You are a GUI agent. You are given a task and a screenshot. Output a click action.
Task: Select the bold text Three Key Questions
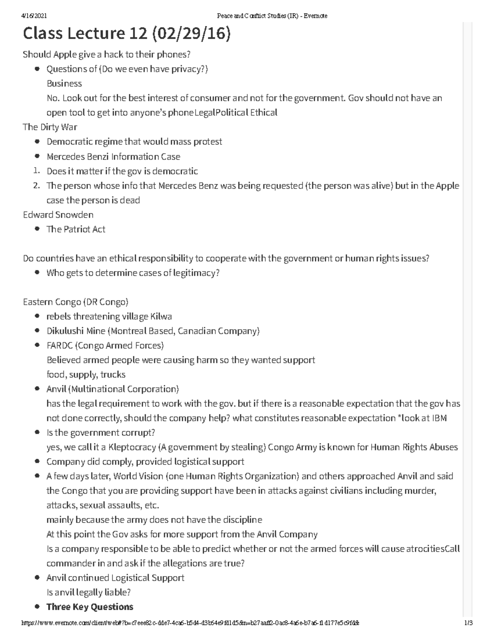pos(90,607)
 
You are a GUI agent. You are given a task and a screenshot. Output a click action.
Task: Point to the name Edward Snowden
pos(58,215)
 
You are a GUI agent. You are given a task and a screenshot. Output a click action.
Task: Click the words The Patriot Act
pos(76,229)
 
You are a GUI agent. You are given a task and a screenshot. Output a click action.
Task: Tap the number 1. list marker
pos(37,171)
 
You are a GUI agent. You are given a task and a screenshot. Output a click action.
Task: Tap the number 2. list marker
pos(37,186)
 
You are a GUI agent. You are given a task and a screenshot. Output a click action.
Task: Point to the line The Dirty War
pos(50,127)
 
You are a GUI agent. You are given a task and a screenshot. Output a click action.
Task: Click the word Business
pos(64,84)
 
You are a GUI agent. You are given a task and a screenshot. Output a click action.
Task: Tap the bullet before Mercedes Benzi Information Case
pos(37,156)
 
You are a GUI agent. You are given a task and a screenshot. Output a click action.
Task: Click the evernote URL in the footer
pos(189,623)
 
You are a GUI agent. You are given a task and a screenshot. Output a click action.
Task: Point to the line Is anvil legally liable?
pos(89,593)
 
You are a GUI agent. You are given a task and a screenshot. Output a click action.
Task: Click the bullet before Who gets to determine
pos(37,273)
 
